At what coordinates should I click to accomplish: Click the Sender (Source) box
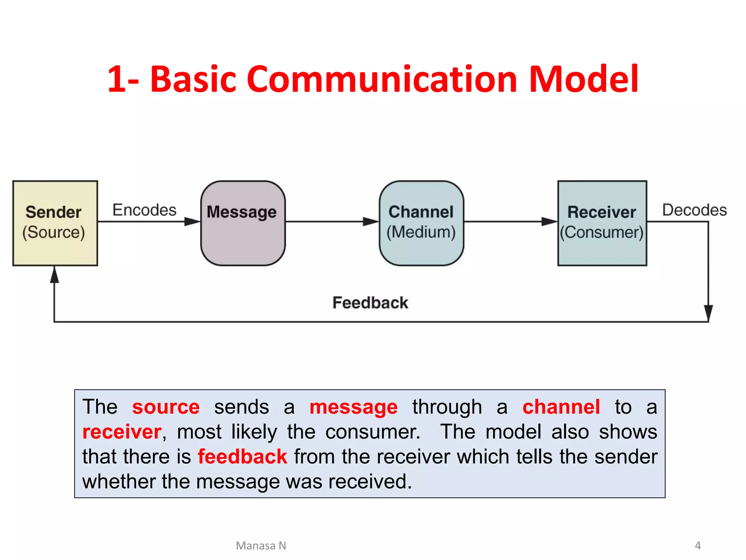pos(55,223)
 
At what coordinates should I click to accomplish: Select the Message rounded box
pos(243,223)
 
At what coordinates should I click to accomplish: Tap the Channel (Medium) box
pos(421,223)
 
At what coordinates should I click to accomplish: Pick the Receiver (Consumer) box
pos(602,223)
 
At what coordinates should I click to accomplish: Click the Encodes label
pos(144,210)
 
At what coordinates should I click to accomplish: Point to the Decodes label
pos(694,210)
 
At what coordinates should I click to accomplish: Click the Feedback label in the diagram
pos(370,303)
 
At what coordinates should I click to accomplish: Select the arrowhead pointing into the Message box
pos(192,221)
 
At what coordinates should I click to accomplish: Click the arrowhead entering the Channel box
pos(370,221)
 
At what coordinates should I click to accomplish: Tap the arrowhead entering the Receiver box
pos(549,221)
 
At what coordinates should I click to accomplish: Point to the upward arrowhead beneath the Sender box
pos(54,275)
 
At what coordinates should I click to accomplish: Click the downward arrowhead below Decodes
pos(708,313)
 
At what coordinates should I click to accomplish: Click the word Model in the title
pos(584,79)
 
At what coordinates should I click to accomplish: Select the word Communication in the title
pos(382,79)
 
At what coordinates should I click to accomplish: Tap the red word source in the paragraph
pos(166,407)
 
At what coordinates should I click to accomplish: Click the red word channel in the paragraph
pos(561,407)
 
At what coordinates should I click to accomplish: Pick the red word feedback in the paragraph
pos(242,456)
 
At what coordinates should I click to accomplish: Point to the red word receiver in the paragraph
pos(122,432)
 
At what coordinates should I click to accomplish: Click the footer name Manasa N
pos(261,545)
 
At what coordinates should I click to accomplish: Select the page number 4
pos(698,545)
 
